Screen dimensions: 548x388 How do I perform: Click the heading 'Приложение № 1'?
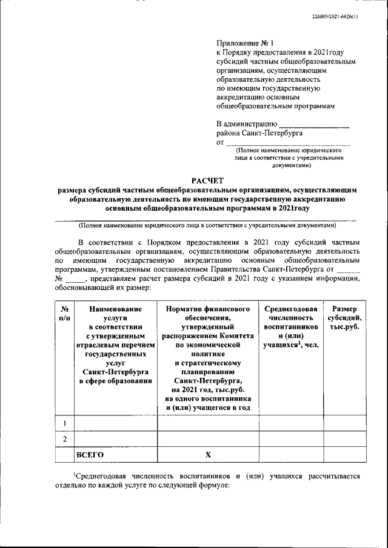tap(246, 44)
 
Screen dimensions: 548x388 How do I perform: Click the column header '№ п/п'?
tap(64, 313)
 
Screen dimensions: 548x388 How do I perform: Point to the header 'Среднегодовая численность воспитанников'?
tap(291, 327)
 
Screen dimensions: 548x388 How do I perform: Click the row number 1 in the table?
tap(64, 423)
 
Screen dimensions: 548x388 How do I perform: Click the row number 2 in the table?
tap(64, 438)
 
